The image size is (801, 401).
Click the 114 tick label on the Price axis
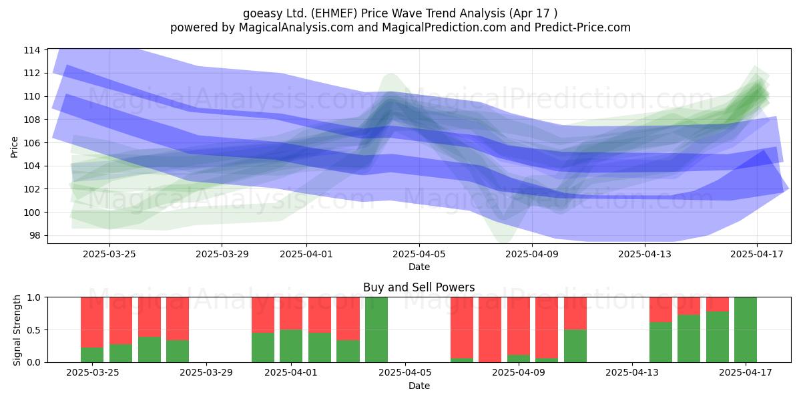[32, 50]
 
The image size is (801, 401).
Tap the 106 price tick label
[32, 143]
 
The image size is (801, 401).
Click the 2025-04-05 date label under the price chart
[419, 254]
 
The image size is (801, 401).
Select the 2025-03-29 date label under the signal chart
[206, 373]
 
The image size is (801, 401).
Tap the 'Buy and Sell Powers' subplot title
[419, 287]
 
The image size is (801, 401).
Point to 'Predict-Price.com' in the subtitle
[582, 27]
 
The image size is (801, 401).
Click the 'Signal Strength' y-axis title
[17, 330]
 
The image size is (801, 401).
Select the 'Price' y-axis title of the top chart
[14, 147]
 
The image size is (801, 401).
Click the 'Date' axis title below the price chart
[419, 267]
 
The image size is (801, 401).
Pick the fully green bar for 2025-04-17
[746, 329]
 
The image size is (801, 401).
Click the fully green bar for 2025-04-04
[376, 329]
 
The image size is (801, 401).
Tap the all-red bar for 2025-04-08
[490, 329]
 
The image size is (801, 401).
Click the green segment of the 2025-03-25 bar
[92, 355]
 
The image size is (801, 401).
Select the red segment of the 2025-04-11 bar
[575, 313]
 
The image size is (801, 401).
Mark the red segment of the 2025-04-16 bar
[718, 304]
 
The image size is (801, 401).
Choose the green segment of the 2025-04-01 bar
[291, 346]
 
